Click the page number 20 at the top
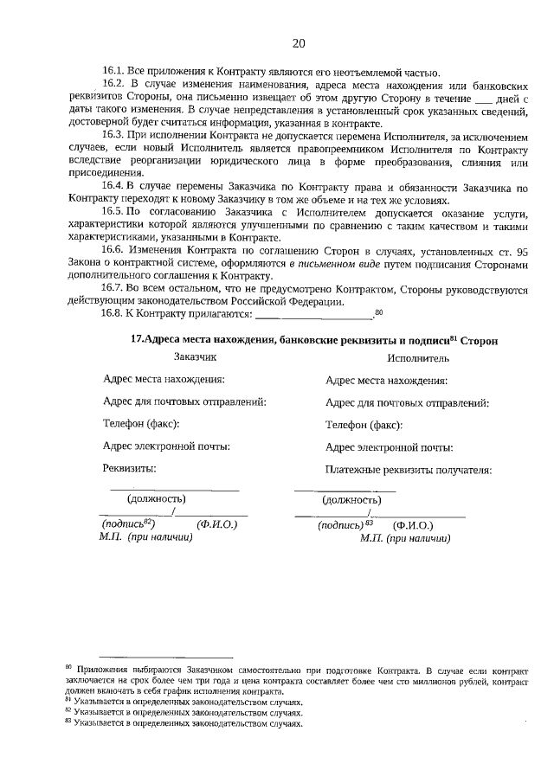point(299,43)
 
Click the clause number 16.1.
point(113,72)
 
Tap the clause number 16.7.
point(113,290)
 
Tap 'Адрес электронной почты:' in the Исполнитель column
point(389,447)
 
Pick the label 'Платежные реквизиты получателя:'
point(409,470)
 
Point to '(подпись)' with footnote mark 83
point(344,524)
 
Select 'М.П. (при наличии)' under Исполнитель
point(404,537)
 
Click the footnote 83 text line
point(187,723)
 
